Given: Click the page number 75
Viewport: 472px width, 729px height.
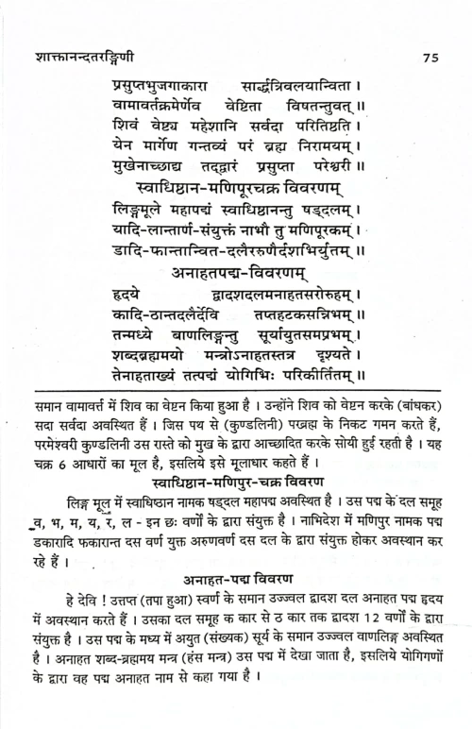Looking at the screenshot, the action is pyautogui.click(x=430, y=58).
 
